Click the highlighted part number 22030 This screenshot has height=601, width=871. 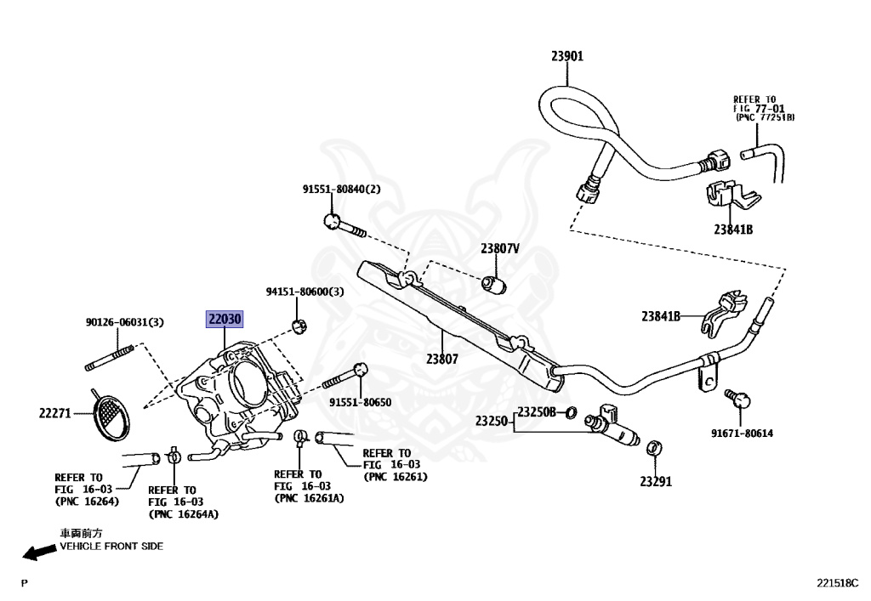click(x=225, y=319)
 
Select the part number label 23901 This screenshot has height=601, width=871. click(x=567, y=56)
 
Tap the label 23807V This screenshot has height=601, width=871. click(x=500, y=248)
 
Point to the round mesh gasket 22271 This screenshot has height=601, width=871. click(x=113, y=417)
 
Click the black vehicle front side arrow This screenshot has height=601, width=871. click(x=39, y=552)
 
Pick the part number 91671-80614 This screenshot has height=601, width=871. click(x=742, y=434)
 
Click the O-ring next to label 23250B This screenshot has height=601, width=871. click(x=571, y=413)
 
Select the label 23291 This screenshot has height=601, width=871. click(x=656, y=482)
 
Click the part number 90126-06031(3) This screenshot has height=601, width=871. click(x=125, y=322)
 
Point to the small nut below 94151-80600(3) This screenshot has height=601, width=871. click(x=300, y=326)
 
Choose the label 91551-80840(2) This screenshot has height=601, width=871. click(x=342, y=190)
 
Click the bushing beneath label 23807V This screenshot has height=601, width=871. click(x=494, y=285)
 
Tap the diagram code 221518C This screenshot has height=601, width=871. click(x=837, y=582)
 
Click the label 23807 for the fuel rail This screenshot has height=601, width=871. click(x=442, y=359)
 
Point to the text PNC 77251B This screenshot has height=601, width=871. click(x=765, y=117)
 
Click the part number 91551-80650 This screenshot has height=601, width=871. click(x=360, y=402)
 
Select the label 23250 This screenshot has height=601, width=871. click(x=491, y=421)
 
